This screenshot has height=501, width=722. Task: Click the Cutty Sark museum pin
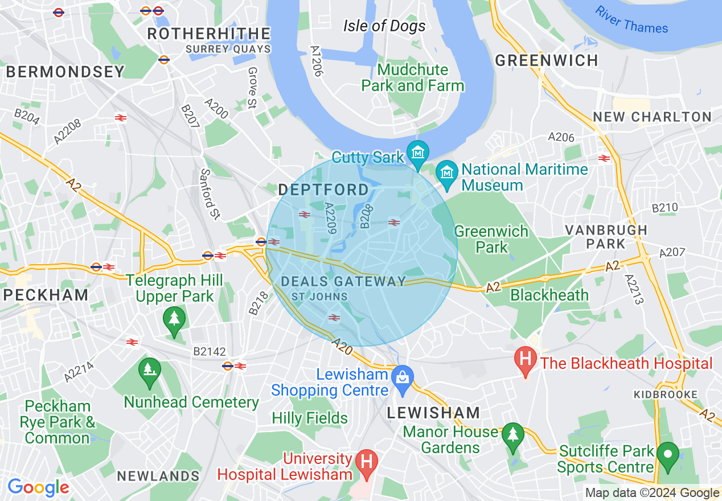point(419,153)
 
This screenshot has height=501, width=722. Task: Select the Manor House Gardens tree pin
point(513,435)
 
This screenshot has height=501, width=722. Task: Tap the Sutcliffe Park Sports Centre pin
point(667,455)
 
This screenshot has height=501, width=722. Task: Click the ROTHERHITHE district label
point(208,34)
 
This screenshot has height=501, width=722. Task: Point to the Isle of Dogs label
point(384,26)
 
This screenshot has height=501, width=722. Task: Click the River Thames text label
point(631,20)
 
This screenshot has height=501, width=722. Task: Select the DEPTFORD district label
point(323,190)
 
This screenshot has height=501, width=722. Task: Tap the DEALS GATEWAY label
point(344,281)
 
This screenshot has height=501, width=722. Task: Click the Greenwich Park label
point(491,239)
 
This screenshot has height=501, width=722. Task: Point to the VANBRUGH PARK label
point(606,237)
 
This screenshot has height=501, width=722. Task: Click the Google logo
point(38,487)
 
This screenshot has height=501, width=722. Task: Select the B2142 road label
point(209,352)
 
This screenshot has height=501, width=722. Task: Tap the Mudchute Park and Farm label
point(413,78)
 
